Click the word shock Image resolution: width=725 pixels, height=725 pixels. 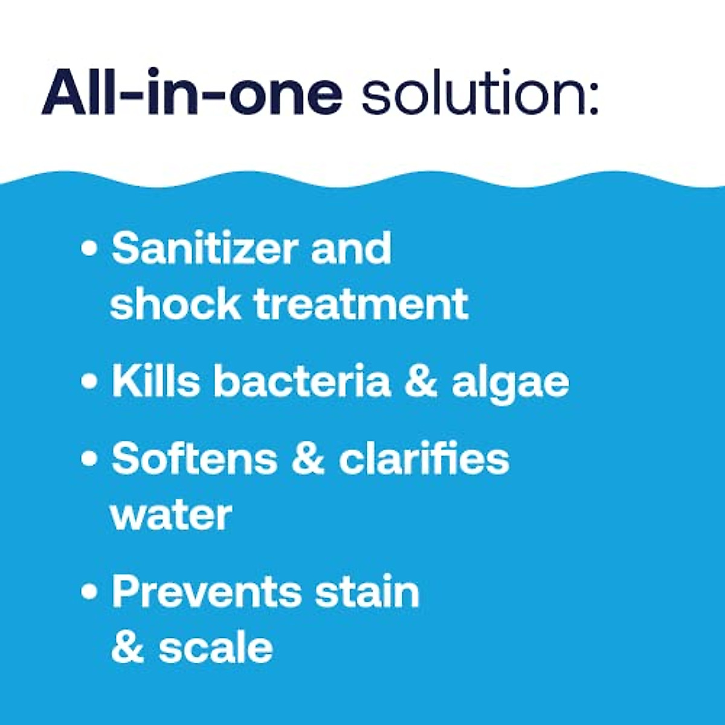tap(175, 303)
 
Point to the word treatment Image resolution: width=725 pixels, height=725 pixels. tap(361, 303)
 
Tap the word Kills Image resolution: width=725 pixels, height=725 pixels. tap(155, 381)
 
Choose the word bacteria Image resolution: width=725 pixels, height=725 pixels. tap(301, 381)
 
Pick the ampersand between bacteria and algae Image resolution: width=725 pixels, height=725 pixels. tap(420, 381)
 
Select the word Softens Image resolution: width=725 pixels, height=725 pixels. tap(195, 459)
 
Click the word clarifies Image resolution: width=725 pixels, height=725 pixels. tap(424, 459)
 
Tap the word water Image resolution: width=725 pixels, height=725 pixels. tap(171, 515)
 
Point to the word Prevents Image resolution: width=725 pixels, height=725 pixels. tap(206, 591)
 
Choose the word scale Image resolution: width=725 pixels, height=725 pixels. tap(216, 648)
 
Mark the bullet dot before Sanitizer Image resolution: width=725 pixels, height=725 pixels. tap(89, 249)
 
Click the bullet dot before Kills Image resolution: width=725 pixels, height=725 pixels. tap(89, 382)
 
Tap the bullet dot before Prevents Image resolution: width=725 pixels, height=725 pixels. tap(89, 592)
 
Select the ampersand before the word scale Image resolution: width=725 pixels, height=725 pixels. tap(128, 648)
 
